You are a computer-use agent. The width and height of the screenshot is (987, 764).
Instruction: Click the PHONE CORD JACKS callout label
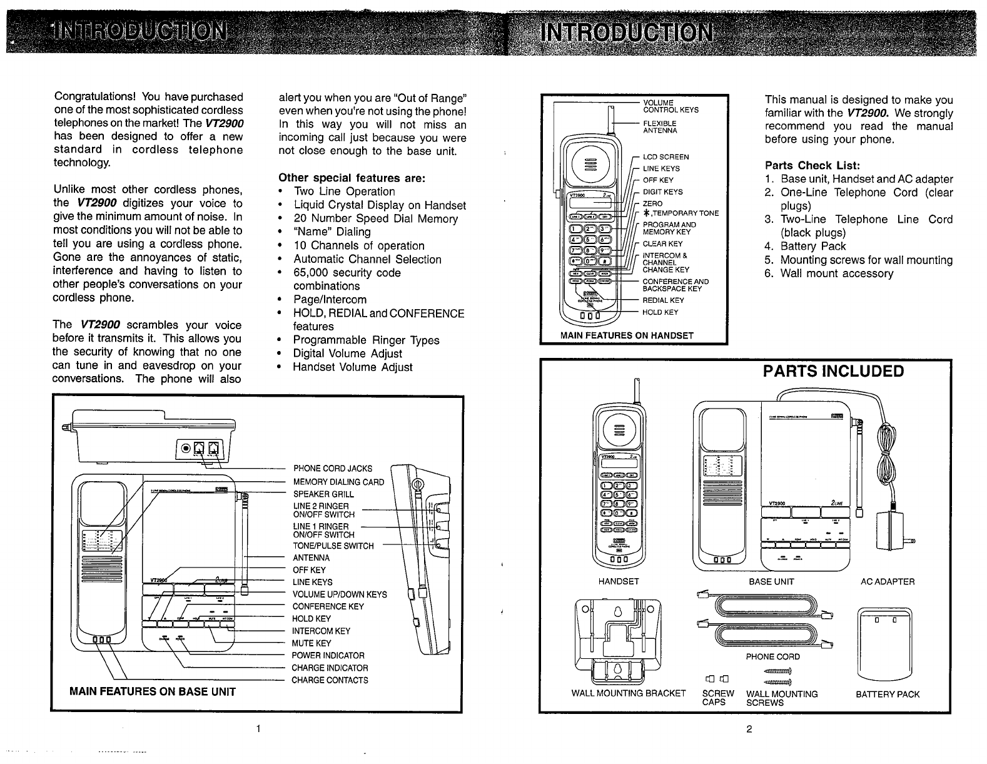click(332, 469)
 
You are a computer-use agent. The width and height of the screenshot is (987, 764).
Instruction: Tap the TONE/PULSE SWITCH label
click(333, 546)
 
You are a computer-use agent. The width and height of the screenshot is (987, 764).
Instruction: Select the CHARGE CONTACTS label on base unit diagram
click(330, 680)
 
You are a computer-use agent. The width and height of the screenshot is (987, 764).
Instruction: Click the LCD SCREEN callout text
click(666, 157)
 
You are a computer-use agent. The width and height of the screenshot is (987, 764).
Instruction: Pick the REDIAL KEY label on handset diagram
click(663, 300)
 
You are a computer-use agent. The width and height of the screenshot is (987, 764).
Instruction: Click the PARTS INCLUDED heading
click(833, 372)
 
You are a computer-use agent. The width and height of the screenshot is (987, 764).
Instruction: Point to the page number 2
click(749, 729)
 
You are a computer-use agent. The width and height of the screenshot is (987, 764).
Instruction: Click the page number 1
click(258, 729)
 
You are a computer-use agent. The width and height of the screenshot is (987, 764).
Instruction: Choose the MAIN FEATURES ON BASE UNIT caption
click(153, 691)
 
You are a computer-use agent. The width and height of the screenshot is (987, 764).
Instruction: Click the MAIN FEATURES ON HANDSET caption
click(627, 335)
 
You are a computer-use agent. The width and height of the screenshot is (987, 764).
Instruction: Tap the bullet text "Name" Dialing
click(332, 232)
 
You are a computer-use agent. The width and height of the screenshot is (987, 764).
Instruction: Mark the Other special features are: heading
click(352, 178)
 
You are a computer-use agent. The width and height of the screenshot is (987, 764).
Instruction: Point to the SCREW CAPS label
click(717, 698)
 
